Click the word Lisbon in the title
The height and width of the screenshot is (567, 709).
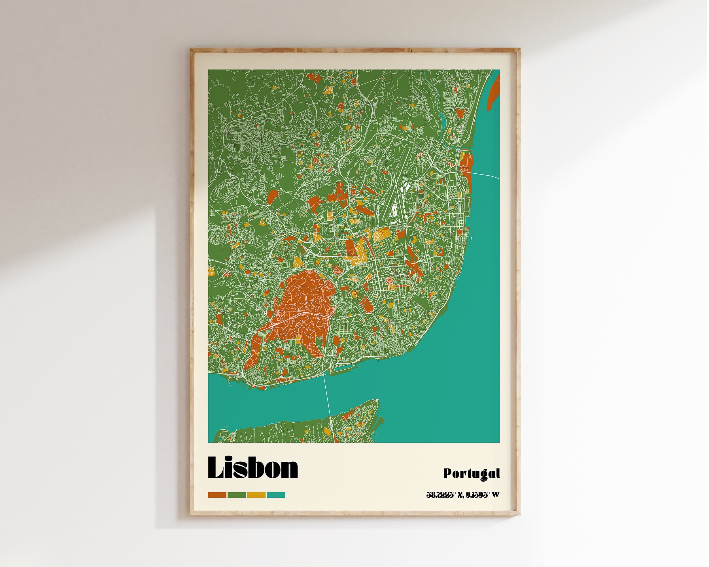[252, 468]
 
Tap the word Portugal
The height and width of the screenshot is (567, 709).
[471, 474]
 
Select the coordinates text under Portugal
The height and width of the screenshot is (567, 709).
[463, 495]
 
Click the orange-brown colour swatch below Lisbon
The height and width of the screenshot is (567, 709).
[217, 495]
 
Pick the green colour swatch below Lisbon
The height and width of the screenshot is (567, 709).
[237, 495]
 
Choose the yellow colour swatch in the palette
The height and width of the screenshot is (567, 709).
[256, 495]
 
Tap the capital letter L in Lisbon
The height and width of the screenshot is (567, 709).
[215, 468]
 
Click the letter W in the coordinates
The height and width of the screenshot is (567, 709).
[496, 495]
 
